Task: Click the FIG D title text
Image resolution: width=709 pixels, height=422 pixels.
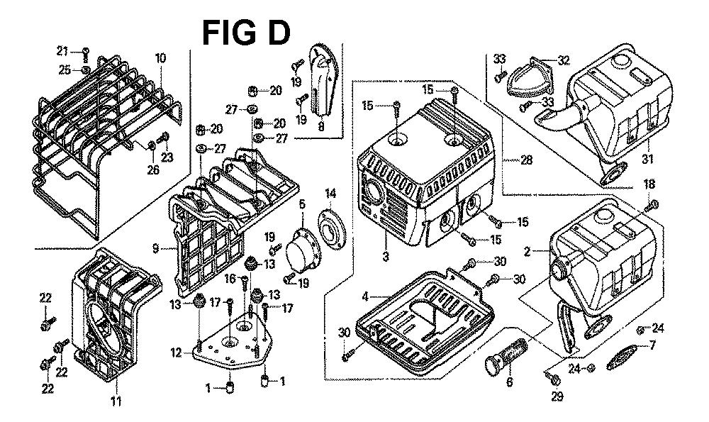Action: [245, 32]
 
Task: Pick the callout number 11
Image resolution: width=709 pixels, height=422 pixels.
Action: [116, 402]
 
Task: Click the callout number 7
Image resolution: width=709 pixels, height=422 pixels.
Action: [652, 346]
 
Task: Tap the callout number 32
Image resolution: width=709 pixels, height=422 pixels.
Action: [564, 61]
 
